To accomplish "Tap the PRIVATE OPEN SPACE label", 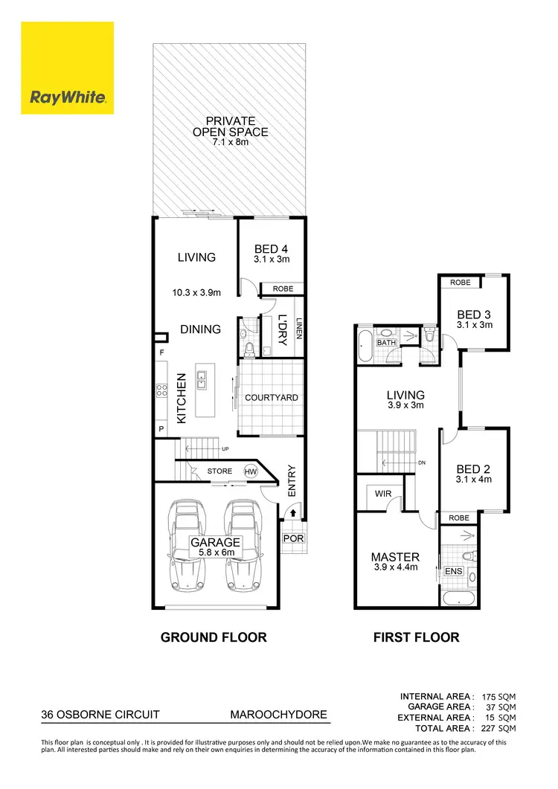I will pyautogui.click(x=231, y=126).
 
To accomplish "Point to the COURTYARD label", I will pyautogui.click(x=272, y=398).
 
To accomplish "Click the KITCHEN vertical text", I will pyautogui.click(x=181, y=399).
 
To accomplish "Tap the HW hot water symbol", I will pyautogui.click(x=249, y=471).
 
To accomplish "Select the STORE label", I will pyautogui.click(x=219, y=471).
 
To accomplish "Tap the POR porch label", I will pyautogui.click(x=292, y=538).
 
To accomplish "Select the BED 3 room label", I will pyautogui.click(x=474, y=315).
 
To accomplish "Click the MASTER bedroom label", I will pyautogui.click(x=395, y=557).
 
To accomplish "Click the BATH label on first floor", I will pyautogui.click(x=385, y=343).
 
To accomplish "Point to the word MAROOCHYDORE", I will pyautogui.click(x=278, y=715).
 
